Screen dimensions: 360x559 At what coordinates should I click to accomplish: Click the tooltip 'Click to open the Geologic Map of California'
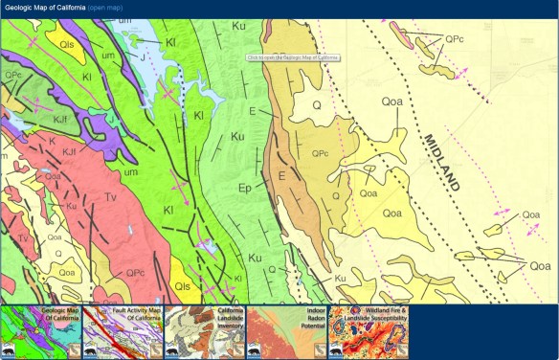click(293, 57)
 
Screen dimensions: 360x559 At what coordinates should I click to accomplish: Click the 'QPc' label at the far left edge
click(13, 74)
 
